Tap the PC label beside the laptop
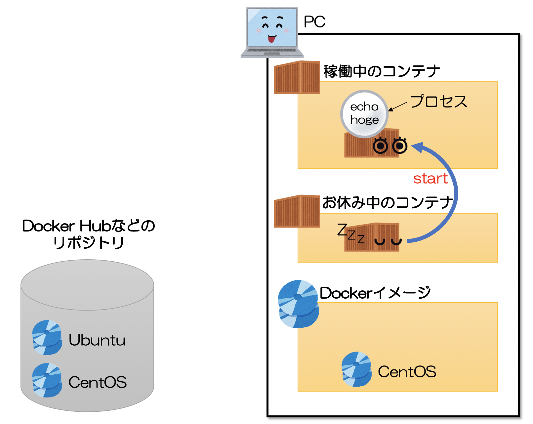pos(314,22)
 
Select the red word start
pos(430,179)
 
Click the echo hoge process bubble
pos(364,113)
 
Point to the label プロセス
pos(438,101)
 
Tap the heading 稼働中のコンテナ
pos(381,71)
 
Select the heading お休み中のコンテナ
pos(388,202)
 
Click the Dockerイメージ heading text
pos(375,293)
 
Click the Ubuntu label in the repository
pos(97,340)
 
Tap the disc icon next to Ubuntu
pos(47,337)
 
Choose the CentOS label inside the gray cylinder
pos(98,382)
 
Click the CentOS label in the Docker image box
pos(407,372)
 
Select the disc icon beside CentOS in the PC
pos(356,369)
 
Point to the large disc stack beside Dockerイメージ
pos(298,304)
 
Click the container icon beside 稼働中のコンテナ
pos(297,77)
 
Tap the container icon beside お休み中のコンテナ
pos(297,211)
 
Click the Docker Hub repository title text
pos(88,234)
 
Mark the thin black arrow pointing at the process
pos(398,106)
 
